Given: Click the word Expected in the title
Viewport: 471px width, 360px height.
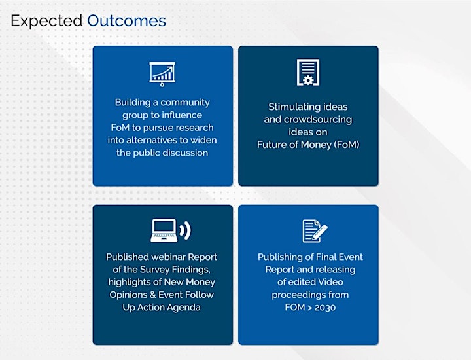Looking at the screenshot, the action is (x=46, y=22).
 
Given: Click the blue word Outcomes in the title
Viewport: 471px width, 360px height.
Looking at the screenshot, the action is (x=126, y=21).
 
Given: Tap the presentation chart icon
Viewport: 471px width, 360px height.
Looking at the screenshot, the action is (x=162, y=74).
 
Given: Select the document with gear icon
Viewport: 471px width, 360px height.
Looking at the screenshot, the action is (x=308, y=72).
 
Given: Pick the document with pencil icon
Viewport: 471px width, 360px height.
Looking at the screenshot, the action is (x=315, y=231).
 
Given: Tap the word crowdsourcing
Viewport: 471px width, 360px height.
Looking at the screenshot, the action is (x=318, y=120).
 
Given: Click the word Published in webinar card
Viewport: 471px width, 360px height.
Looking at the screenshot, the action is (x=128, y=257).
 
